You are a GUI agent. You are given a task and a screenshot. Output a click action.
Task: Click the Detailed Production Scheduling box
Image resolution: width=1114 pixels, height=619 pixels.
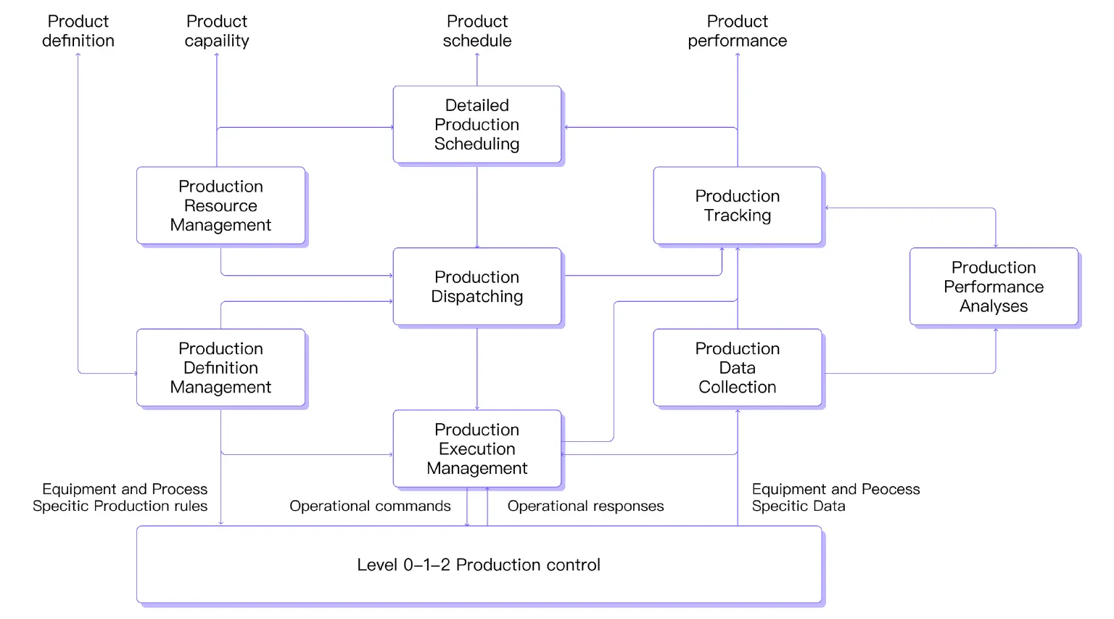point(476,125)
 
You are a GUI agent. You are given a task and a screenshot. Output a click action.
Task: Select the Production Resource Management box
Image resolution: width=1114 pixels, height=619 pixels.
point(220,206)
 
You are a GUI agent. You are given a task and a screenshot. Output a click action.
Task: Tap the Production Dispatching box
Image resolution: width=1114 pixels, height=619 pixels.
point(476,287)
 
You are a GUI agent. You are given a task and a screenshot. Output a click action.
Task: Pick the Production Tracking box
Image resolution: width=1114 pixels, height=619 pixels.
point(737,206)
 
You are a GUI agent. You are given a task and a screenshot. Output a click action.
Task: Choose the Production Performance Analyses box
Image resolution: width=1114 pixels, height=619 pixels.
point(993,287)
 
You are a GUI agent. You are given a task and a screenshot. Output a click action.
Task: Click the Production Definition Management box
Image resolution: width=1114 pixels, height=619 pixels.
point(220,368)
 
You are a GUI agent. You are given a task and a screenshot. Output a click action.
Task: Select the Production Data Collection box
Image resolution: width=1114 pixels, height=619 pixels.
point(737,368)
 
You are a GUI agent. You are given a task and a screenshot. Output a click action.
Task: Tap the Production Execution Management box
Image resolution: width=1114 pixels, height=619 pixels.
point(476,448)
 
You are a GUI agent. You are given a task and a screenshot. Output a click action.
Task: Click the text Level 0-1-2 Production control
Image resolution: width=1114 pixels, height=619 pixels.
point(479,565)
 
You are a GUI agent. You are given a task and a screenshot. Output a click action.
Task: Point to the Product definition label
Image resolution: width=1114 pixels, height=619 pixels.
point(78,31)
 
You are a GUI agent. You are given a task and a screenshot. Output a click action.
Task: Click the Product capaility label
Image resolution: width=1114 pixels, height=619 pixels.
point(217,31)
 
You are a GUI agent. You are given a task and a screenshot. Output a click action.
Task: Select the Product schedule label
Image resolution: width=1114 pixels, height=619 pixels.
point(477,31)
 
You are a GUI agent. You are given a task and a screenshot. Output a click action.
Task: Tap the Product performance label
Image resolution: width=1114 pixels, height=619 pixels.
point(737,31)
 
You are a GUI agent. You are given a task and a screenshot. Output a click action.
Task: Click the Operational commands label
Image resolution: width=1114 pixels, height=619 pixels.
point(370,506)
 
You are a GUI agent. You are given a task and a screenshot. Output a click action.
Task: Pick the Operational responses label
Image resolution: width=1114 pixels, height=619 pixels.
point(585,506)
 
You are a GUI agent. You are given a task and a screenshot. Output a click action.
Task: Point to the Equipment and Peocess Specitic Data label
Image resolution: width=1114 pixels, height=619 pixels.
point(835,497)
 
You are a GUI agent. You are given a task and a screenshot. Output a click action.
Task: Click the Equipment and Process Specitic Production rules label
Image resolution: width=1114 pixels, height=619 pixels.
point(120,497)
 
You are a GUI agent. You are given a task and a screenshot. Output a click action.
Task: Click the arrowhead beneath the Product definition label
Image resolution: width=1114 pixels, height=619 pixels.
point(78,56)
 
